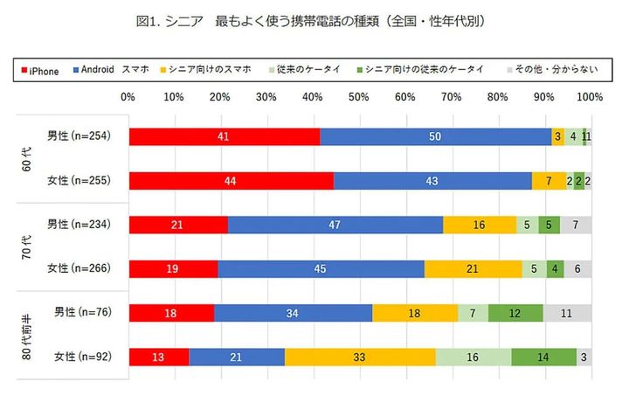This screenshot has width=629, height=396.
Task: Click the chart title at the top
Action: coord(315,19)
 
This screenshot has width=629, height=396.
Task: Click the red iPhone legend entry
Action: coord(40,70)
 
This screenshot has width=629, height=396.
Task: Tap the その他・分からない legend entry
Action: coord(550,70)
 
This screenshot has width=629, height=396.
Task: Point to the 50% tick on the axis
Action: coord(359,96)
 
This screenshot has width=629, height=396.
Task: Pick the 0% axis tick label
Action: coord(129,96)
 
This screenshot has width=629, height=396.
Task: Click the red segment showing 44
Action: coord(231,181)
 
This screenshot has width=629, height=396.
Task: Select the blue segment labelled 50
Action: coord(435,136)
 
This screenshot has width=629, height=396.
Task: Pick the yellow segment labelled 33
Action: coord(360,356)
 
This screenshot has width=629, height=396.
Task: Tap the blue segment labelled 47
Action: coord(335,225)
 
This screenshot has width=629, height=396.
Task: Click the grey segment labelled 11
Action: coord(567,312)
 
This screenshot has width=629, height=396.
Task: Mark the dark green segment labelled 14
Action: coord(543,356)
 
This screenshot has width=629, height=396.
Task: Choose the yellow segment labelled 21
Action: coord(473,268)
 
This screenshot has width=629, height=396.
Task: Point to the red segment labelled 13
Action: coord(159,356)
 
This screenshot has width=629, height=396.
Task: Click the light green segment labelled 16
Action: coord(473,356)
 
